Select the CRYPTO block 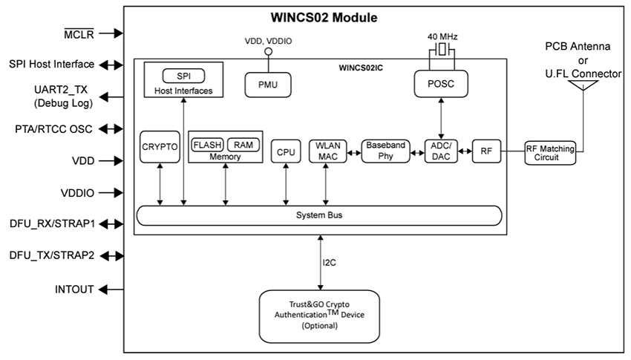pos(160,147)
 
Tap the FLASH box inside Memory pos(207,145)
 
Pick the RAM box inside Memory pos(243,145)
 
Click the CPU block pos(286,152)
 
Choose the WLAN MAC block pos(326,151)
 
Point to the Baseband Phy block pos(385,151)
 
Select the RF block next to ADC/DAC pos(486,151)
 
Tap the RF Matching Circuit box pos(550,152)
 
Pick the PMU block pos(268,85)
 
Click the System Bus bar pos(319,215)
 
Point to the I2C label pos(330,262)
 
